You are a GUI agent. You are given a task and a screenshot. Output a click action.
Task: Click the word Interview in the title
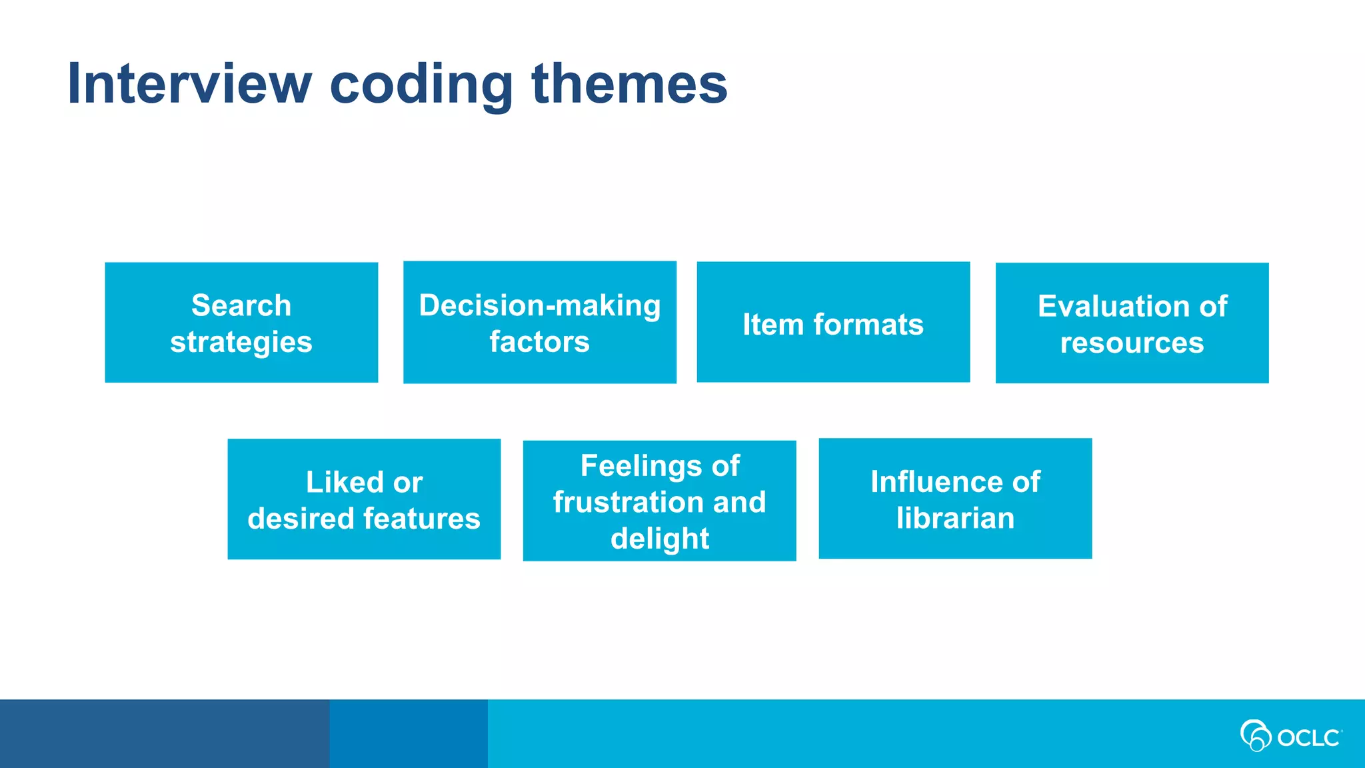[x=189, y=83]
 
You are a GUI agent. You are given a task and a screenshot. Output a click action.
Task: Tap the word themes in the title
[x=629, y=83]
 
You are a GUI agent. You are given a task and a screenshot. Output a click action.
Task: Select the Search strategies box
[x=241, y=323]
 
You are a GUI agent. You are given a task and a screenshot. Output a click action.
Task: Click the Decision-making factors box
[x=540, y=323]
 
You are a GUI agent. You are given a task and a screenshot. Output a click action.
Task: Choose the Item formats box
[x=833, y=323]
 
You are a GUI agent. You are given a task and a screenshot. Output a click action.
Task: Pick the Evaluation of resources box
[x=1132, y=323]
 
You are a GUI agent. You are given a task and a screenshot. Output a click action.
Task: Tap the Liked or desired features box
[x=364, y=499]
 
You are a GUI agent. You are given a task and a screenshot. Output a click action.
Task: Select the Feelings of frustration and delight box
[x=659, y=501]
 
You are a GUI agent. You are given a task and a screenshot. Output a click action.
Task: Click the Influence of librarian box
[x=955, y=499]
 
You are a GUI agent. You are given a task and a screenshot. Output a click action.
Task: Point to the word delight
[x=659, y=539]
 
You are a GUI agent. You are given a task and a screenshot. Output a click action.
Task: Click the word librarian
[x=955, y=518]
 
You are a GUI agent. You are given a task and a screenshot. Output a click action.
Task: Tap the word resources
[x=1132, y=343]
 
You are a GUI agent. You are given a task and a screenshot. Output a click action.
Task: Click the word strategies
[x=241, y=342]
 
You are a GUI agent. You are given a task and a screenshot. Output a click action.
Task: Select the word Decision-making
[x=540, y=305]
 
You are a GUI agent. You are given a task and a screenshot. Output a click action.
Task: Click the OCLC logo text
[x=1308, y=738]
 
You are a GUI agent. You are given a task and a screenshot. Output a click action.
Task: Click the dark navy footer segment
[x=164, y=733]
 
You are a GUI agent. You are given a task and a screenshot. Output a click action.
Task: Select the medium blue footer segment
[x=408, y=733]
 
